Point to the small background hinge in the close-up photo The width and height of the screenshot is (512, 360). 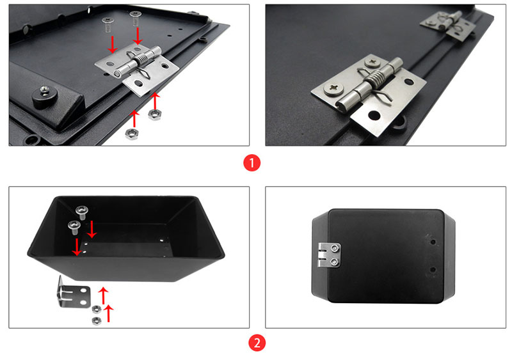[449, 27]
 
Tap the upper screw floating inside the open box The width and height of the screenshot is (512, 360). [81, 210]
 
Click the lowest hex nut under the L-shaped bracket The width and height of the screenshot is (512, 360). [96, 319]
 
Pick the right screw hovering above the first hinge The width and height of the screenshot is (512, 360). [135, 17]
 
